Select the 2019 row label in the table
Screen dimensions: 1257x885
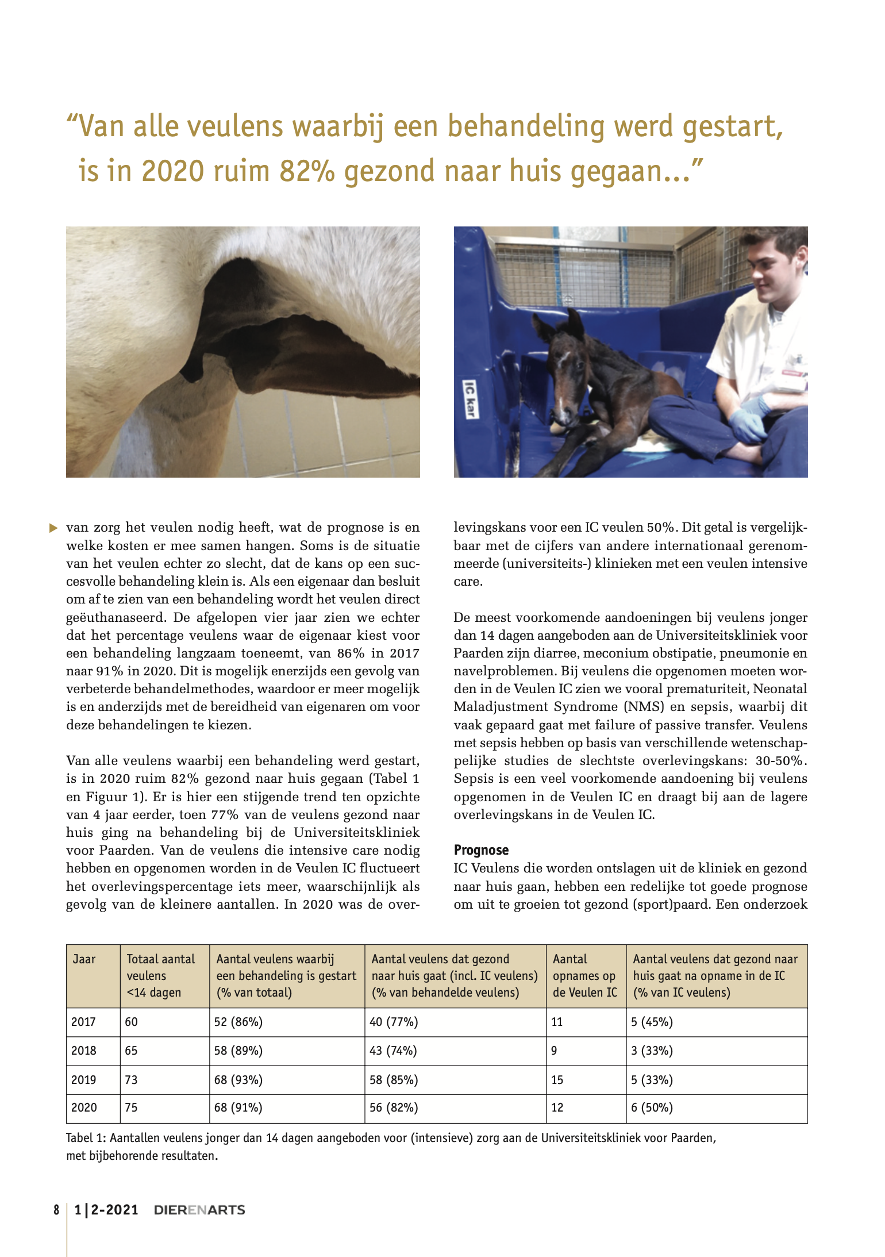click(83, 1079)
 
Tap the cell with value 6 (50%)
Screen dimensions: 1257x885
click(652, 1108)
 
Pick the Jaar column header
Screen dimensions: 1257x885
click(84, 959)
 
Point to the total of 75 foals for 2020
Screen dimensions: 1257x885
click(132, 1108)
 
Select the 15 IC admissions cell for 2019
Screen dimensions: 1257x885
click(557, 1079)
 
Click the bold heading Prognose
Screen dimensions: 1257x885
click(481, 849)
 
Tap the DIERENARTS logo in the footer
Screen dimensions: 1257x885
click(199, 1210)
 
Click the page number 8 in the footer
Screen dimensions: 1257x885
click(56, 1210)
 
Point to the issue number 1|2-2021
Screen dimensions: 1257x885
click(107, 1210)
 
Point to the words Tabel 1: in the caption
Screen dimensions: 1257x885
click(86, 1138)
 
